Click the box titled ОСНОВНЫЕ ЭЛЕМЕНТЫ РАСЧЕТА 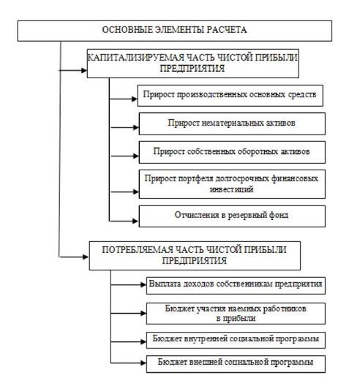coord(175,31)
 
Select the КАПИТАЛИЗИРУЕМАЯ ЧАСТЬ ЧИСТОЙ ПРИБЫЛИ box coord(193,64)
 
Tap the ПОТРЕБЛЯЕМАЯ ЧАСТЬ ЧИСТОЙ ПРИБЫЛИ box coord(195,256)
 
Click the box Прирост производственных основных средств coord(230,96)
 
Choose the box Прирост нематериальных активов coord(232,124)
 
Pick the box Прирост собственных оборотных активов coord(232,152)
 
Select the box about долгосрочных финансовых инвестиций coord(232,184)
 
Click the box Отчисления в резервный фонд coord(232,216)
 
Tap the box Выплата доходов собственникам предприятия coord(236,285)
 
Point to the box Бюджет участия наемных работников coord(236,314)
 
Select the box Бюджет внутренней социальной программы coord(236,340)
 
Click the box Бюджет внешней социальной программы coord(236,364)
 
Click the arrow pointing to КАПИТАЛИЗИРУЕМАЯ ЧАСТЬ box coord(73,70)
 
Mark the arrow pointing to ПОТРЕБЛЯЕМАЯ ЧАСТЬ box coord(74,257)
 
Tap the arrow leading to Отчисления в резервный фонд coord(124,221)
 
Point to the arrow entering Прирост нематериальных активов coord(124,127)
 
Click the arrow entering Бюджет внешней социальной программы coord(128,363)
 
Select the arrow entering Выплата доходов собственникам coord(128,284)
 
